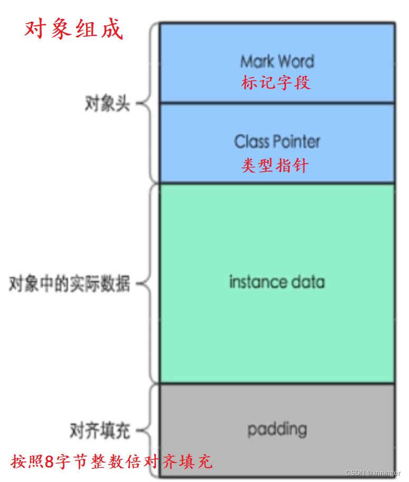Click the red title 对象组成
(x=74, y=30)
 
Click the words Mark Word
(x=277, y=61)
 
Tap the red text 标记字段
(x=275, y=83)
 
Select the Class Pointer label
(x=277, y=141)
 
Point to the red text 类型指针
(x=275, y=166)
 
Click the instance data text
(x=277, y=282)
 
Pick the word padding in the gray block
(x=277, y=429)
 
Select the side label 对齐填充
(x=100, y=431)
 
